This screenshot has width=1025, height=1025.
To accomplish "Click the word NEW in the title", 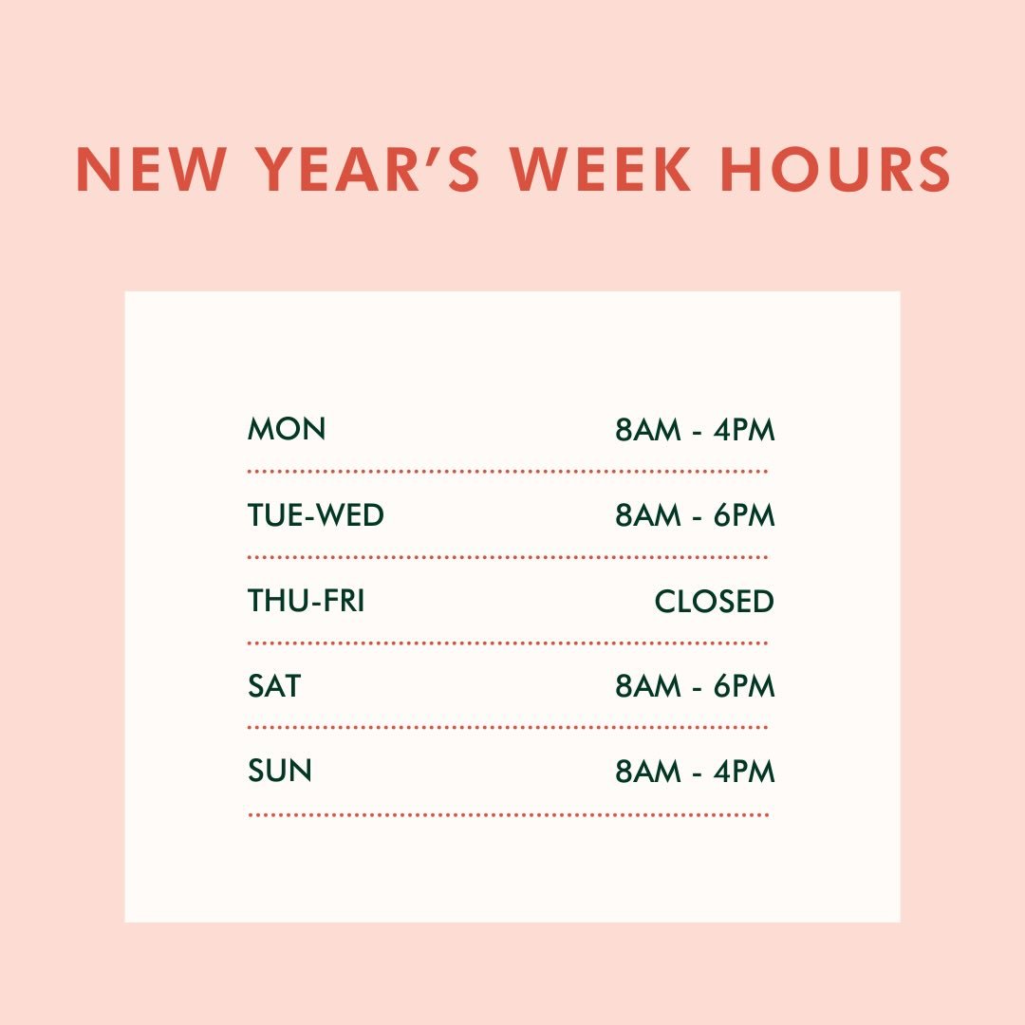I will click(x=151, y=170).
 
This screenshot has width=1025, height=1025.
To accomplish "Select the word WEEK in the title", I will click(x=601, y=170).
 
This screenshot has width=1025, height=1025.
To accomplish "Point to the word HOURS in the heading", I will click(x=835, y=170).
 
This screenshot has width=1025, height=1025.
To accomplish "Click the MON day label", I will click(x=287, y=429).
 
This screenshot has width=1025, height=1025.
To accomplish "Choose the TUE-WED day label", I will click(x=316, y=515).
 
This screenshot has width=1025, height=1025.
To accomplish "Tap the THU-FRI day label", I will click(x=306, y=601).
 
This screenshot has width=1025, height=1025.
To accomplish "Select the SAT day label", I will click(x=274, y=685).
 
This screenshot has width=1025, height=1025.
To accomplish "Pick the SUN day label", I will click(x=280, y=771).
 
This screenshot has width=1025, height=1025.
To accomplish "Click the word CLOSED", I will click(x=715, y=601).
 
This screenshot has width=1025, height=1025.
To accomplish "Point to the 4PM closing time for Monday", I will click(x=745, y=430).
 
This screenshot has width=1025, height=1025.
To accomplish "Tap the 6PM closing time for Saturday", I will click(x=745, y=686).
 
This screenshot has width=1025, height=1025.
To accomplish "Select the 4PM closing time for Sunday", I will click(x=745, y=772).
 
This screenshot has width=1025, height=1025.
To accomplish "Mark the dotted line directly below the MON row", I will click(x=508, y=471).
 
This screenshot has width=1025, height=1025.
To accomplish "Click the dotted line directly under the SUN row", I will click(x=508, y=814).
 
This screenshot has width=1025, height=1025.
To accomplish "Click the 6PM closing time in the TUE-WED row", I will click(x=745, y=515).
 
